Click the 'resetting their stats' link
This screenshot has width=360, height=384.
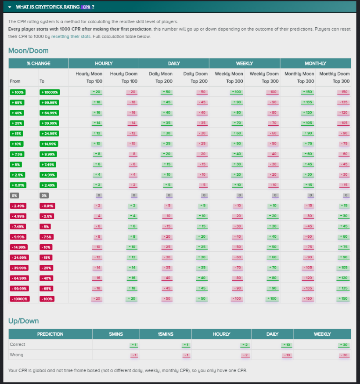[71, 36]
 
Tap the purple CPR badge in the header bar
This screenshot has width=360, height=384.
[86, 7]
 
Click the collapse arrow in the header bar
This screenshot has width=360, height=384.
[10, 7]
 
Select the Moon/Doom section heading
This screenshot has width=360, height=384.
[29, 51]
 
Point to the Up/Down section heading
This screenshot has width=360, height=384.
[24, 321]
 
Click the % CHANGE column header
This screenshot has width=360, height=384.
[39, 63]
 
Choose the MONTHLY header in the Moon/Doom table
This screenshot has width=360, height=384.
[315, 63]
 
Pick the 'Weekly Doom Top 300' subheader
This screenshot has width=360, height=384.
[264, 77]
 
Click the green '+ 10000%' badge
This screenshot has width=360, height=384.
[50, 92]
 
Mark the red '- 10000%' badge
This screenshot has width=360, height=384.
[20, 298]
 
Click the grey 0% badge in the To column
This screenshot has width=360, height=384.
[44, 195]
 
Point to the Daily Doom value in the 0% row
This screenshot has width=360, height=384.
[204, 195]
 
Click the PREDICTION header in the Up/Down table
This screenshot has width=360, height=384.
[50, 334]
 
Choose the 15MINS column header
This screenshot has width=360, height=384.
[166, 334]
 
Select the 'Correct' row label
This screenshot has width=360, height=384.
[18, 344]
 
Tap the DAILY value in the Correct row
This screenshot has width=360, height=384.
[286, 344]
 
